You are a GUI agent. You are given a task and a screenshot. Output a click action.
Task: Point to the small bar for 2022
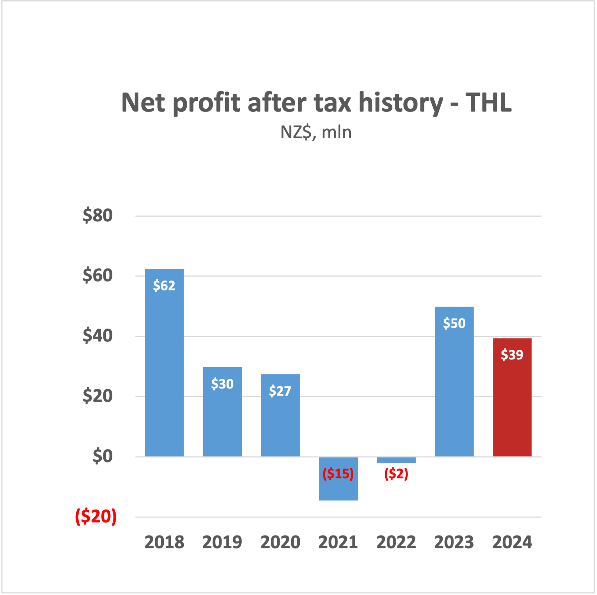coord(396,460)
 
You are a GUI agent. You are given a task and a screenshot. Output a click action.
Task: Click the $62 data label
coord(164,285)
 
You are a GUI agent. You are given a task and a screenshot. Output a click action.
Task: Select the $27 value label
coord(280,391)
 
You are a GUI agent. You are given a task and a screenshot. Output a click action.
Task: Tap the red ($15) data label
coord(338,474)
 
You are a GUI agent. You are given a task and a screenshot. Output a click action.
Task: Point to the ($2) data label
coord(396,474)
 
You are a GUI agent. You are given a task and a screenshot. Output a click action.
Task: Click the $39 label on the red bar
coord(512,355)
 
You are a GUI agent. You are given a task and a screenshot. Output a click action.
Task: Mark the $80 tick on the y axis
coord(98,216)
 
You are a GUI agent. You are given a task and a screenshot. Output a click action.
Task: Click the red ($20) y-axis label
coord(96,516)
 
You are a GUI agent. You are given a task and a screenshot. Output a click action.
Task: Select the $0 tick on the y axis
coord(103,456)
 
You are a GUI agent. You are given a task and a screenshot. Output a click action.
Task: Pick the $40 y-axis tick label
coord(98,336)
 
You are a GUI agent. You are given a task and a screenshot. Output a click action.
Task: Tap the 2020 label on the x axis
coord(280,542)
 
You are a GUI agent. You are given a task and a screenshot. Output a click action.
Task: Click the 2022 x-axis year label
coord(396,542)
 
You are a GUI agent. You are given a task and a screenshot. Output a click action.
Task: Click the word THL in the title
coord(488,103)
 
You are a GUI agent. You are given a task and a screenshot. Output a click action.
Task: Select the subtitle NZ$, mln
coord(316,132)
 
